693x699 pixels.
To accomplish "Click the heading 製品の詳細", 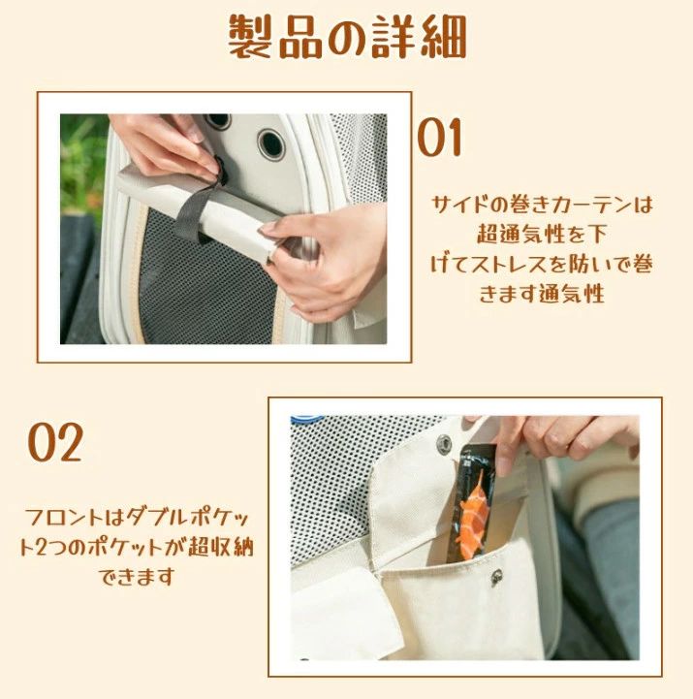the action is click(x=347, y=38).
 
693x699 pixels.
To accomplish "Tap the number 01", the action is click(x=439, y=138).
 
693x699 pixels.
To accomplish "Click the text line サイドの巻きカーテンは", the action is click(x=543, y=205).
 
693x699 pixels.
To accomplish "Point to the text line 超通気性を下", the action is click(x=543, y=234).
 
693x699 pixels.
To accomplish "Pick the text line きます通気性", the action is click(x=542, y=294).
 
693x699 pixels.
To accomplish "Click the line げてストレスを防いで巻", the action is click(x=542, y=264).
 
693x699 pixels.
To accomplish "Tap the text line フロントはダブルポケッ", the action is click(x=137, y=518).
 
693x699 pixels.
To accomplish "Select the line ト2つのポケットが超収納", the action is click(x=137, y=548).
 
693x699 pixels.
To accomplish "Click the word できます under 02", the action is click(x=137, y=577).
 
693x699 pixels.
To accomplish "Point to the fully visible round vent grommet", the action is click(x=271, y=143).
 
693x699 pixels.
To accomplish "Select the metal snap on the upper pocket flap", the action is click(x=444, y=443).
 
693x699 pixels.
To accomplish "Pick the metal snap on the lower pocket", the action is click(x=496, y=577).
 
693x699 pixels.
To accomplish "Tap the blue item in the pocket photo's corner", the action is click(x=307, y=420).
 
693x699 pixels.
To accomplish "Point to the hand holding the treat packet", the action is click(x=566, y=439).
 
